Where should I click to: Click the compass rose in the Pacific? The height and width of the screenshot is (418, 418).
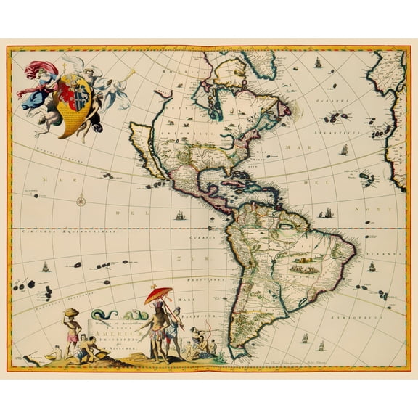pos(82,201)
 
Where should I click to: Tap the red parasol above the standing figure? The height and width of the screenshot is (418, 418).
pos(159,295)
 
